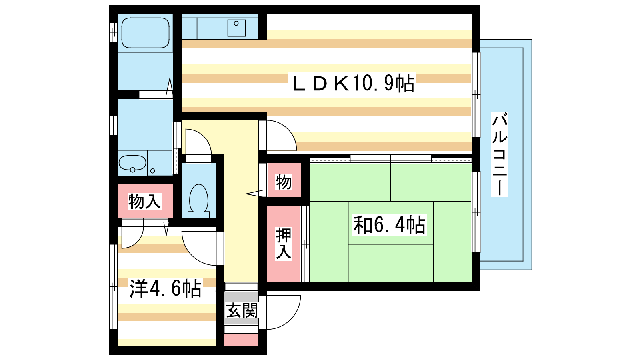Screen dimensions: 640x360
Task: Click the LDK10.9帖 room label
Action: [x=354, y=83]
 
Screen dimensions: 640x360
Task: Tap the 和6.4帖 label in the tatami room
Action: [x=390, y=225]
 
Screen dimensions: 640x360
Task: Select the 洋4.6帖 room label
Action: [x=166, y=288]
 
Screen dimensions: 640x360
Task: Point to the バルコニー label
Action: [x=500, y=154]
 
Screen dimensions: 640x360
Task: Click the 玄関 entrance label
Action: [x=242, y=310]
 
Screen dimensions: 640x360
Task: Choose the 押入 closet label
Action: [x=284, y=244]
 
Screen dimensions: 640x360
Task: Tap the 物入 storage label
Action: [x=144, y=201]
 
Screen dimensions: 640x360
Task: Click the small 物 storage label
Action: [x=284, y=182]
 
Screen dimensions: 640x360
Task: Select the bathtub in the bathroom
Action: [x=146, y=33]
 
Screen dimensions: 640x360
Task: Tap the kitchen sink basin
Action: [x=236, y=28]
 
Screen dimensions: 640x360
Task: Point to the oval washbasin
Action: [x=132, y=163]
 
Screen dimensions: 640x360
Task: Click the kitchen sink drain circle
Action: [x=236, y=24]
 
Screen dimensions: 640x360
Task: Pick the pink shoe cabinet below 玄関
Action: [x=242, y=340]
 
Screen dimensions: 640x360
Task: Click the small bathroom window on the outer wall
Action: [x=113, y=32]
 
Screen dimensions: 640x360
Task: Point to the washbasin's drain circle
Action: [x=132, y=170]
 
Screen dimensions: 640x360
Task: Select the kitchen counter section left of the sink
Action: [x=190, y=26]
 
